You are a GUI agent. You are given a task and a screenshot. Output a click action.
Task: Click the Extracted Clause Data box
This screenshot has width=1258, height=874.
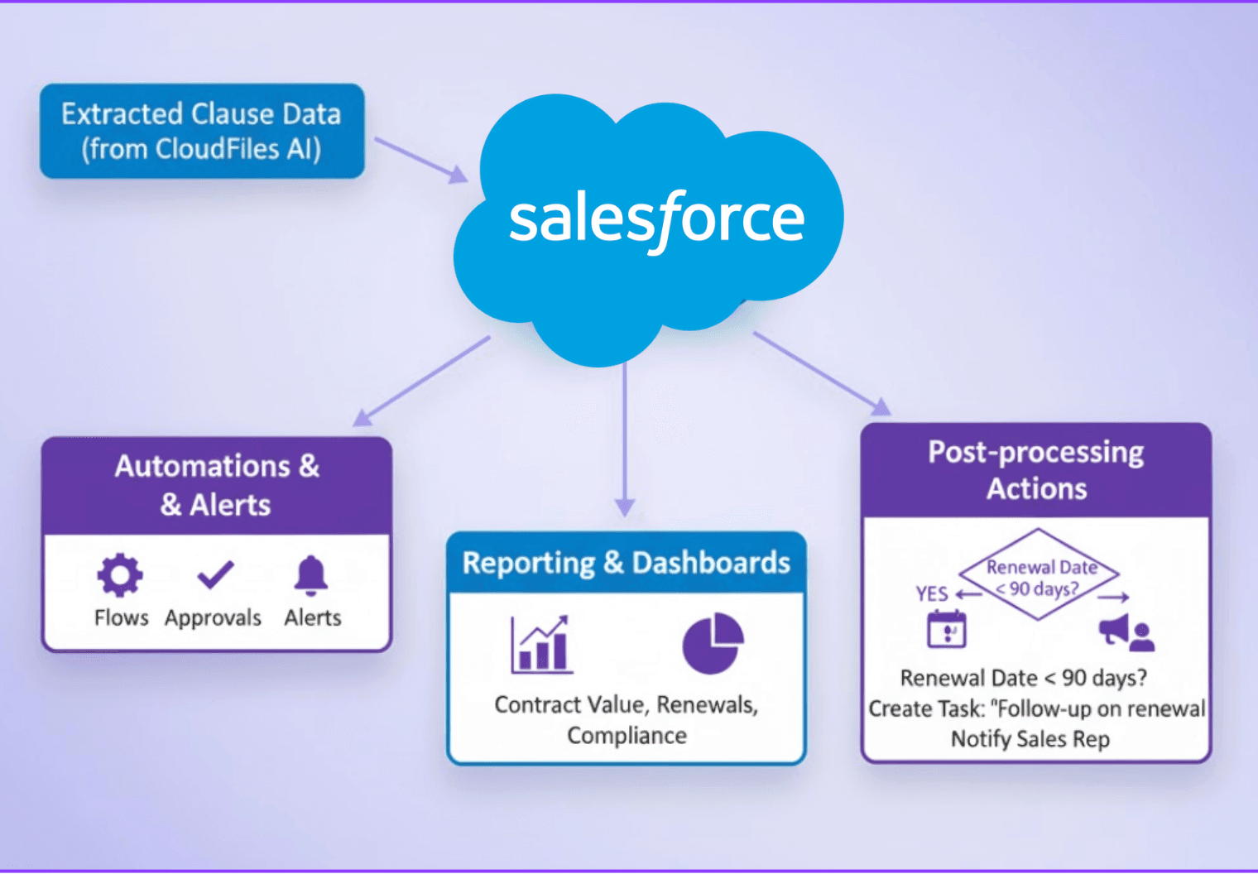click(202, 131)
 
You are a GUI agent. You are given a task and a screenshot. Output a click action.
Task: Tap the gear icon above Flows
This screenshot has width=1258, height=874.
click(121, 574)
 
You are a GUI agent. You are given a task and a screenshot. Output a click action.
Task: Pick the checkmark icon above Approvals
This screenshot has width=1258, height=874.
click(215, 574)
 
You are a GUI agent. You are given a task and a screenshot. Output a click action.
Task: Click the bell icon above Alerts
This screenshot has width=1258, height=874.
click(311, 574)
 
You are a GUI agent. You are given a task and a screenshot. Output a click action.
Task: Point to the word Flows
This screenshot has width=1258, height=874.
click(121, 617)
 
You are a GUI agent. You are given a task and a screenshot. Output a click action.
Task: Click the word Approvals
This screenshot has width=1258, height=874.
click(213, 617)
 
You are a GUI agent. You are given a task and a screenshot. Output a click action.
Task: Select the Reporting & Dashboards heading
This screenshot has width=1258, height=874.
click(626, 563)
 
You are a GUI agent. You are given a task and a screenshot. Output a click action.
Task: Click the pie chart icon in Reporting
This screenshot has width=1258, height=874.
click(713, 643)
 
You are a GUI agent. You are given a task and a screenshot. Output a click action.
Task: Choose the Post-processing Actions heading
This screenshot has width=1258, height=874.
click(1036, 470)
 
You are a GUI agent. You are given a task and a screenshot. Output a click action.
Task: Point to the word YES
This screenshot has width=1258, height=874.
click(932, 593)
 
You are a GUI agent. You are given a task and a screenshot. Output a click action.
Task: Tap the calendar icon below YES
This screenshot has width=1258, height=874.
click(947, 629)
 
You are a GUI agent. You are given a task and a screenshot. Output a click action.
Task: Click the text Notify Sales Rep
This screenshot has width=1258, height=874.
click(1030, 738)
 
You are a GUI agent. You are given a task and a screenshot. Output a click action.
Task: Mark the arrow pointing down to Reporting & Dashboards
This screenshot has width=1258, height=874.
click(625, 439)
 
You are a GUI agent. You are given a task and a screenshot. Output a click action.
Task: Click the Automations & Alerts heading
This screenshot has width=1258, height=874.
click(216, 485)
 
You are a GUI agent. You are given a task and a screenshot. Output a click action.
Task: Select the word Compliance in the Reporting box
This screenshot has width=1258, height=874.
click(627, 735)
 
